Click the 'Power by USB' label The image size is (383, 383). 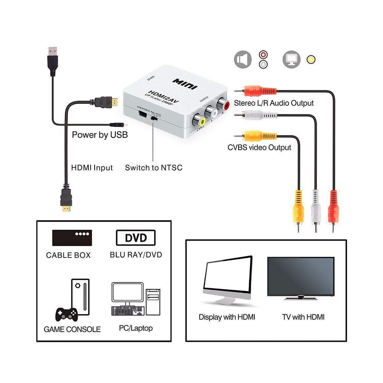(99, 135)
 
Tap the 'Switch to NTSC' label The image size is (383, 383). (153, 168)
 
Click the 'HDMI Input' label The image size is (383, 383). (92, 168)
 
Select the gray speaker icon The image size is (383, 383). (243, 59)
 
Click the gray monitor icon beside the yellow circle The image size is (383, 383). (291, 59)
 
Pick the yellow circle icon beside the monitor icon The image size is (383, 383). (311, 59)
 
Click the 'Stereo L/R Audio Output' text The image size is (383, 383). (273, 103)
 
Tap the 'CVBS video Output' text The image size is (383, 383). (259, 148)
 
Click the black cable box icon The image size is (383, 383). (72, 238)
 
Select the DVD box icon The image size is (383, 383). (136, 238)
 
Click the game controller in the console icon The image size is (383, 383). (67, 314)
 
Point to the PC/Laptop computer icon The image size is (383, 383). (136, 302)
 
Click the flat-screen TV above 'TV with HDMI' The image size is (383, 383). (301, 278)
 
